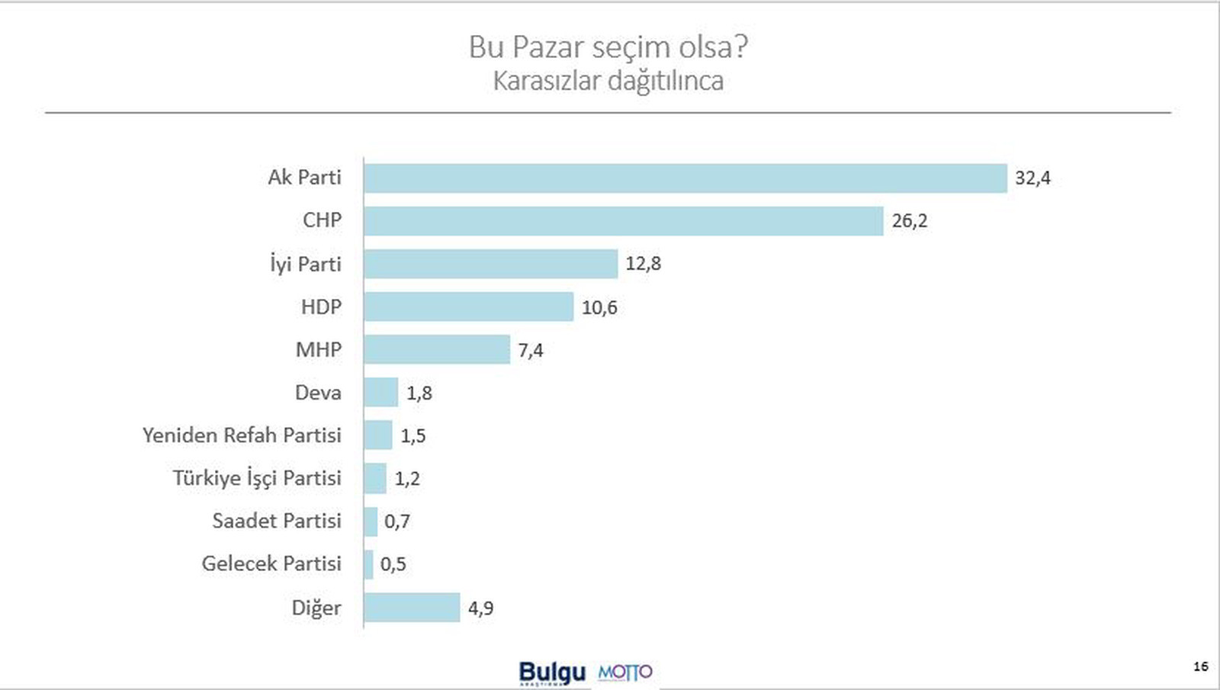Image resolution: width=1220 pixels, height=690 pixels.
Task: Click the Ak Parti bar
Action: click(x=685, y=178)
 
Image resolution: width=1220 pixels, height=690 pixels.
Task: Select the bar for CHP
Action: click(x=623, y=221)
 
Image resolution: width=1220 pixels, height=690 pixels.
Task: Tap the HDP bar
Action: click(x=468, y=306)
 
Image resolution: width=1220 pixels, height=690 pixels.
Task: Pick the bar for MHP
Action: click(x=436, y=349)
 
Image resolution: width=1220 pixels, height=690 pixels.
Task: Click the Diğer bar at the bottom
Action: click(x=412, y=608)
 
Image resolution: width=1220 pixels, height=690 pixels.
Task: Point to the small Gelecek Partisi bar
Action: click(x=369, y=564)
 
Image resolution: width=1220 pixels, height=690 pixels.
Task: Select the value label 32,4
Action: click(x=1032, y=178)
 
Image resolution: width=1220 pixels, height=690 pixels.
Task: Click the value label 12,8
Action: click(x=643, y=264)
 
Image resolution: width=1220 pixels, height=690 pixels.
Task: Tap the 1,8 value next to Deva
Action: click(x=419, y=393)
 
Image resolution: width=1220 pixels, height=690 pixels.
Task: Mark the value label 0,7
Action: click(x=396, y=522)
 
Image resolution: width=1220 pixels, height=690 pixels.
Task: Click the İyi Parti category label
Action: click(x=305, y=264)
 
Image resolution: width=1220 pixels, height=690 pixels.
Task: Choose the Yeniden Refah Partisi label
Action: click(x=242, y=435)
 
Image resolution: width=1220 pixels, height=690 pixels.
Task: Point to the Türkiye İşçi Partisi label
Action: click(x=257, y=478)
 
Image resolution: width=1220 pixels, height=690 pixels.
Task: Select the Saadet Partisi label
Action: click(x=276, y=521)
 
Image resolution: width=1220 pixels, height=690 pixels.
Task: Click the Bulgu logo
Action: click(x=552, y=672)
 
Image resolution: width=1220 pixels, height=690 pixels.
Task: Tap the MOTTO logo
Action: click(x=624, y=672)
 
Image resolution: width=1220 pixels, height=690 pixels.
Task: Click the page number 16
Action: click(x=1200, y=666)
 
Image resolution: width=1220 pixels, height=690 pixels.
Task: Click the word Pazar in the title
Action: click(x=547, y=47)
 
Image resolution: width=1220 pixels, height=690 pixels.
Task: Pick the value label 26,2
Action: click(x=910, y=221)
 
